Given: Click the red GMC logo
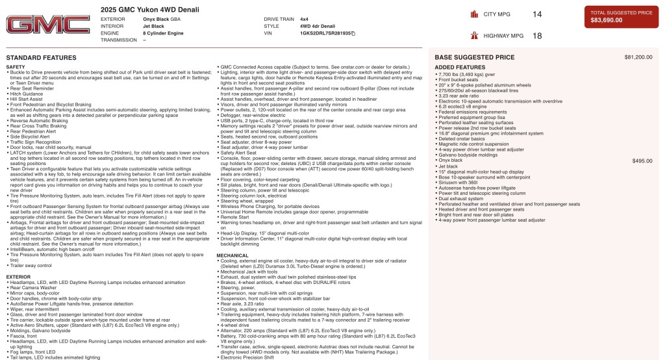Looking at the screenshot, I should [48, 25].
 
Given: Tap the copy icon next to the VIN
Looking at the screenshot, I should [353, 32].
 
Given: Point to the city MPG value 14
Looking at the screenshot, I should [536, 14].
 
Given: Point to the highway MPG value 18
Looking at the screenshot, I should [536, 36].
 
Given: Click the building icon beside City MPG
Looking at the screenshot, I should [473, 14].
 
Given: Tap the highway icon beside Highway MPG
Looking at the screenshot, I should [473, 36].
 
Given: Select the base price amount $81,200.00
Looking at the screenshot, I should [638, 57].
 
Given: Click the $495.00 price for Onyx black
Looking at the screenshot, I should [642, 161].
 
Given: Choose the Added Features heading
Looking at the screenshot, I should [460, 68].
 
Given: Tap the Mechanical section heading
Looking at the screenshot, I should [232, 256].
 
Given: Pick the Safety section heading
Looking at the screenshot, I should [16, 67].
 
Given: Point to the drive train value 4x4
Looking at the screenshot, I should [304, 19].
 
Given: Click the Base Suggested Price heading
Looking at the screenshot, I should [474, 57].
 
